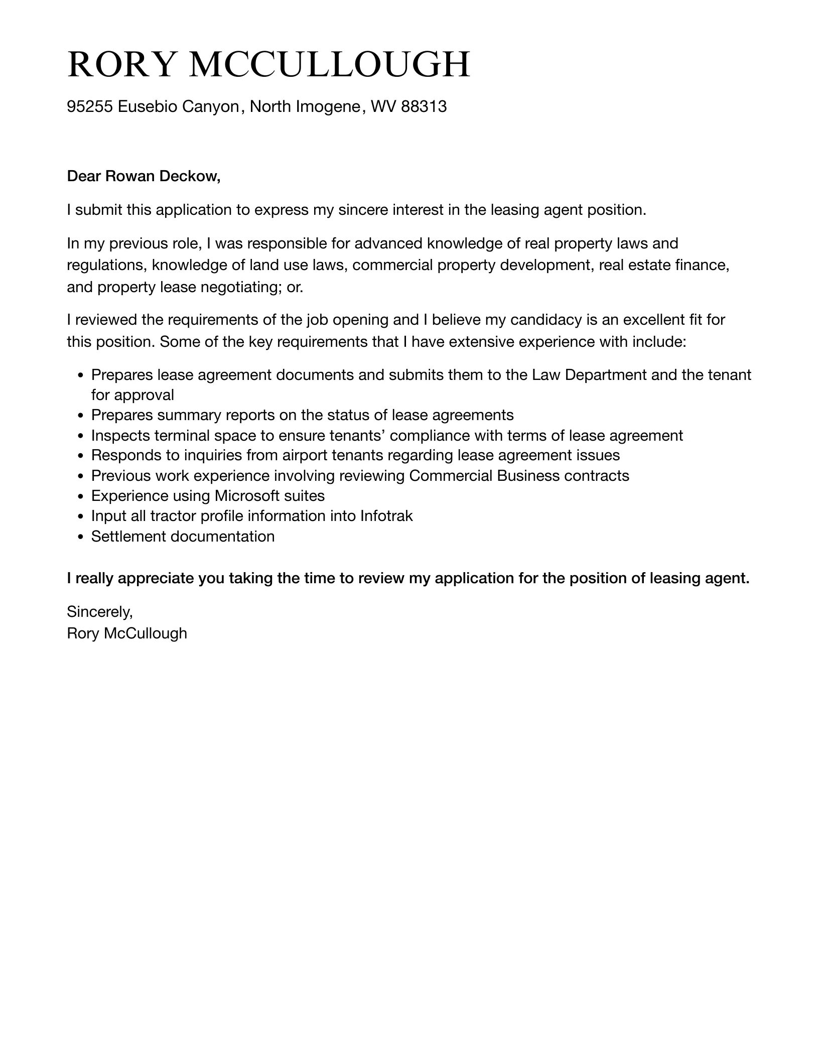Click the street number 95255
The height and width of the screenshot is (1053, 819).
tap(90, 106)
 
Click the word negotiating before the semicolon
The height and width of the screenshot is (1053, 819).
tap(241, 287)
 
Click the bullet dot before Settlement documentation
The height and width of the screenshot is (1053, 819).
tap(81, 537)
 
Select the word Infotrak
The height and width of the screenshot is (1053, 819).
tap(386, 516)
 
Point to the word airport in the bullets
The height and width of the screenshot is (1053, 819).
tap(306, 455)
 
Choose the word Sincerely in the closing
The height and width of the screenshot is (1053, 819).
tap(99, 611)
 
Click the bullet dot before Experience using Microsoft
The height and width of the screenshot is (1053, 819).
tap(81, 497)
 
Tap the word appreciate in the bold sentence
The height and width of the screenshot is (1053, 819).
tap(156, 579)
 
